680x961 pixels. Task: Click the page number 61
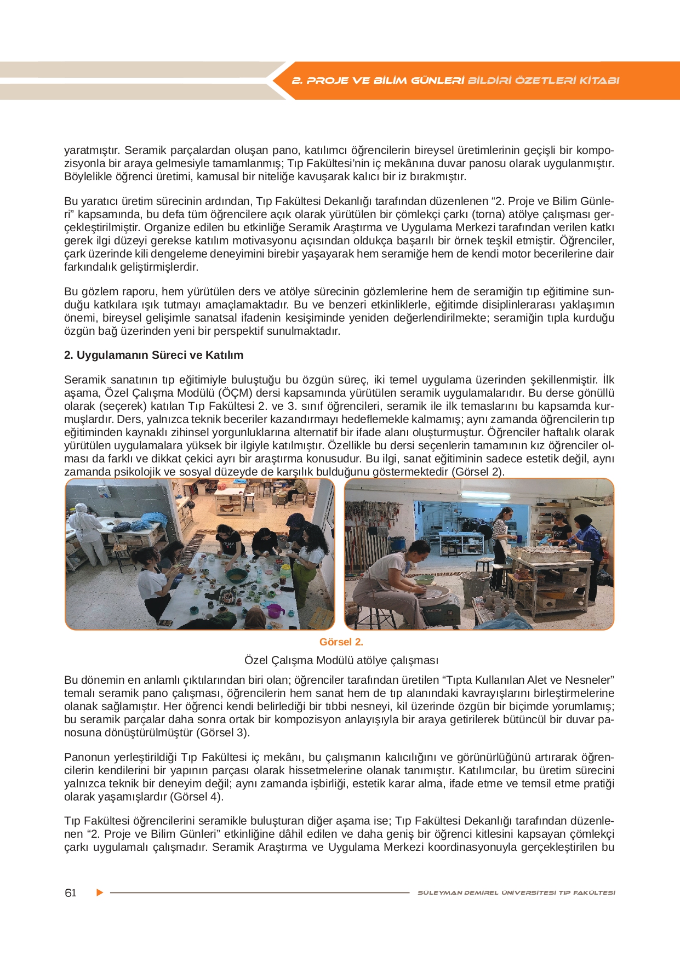pyautogui.click(x=71, y=893)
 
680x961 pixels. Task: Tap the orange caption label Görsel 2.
pyautogui.click(x=341, y=642)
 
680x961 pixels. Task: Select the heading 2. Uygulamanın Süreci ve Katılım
pyautogui.click(x=153, y=355)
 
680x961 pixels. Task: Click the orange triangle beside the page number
pyautogui.click(x=100, y=893)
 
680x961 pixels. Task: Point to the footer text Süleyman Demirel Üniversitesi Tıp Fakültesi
pyautogui.click(x=516, y=893)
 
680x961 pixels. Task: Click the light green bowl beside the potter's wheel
pyautogui.click(x=424, y=579)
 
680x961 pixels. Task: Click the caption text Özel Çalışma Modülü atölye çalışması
pyautogui.click(x=341, y=660)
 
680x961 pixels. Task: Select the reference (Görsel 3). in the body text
pyautogui.click(x=223, y=733)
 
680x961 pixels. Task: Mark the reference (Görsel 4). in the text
pyautogui.click(x=197, y=797)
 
